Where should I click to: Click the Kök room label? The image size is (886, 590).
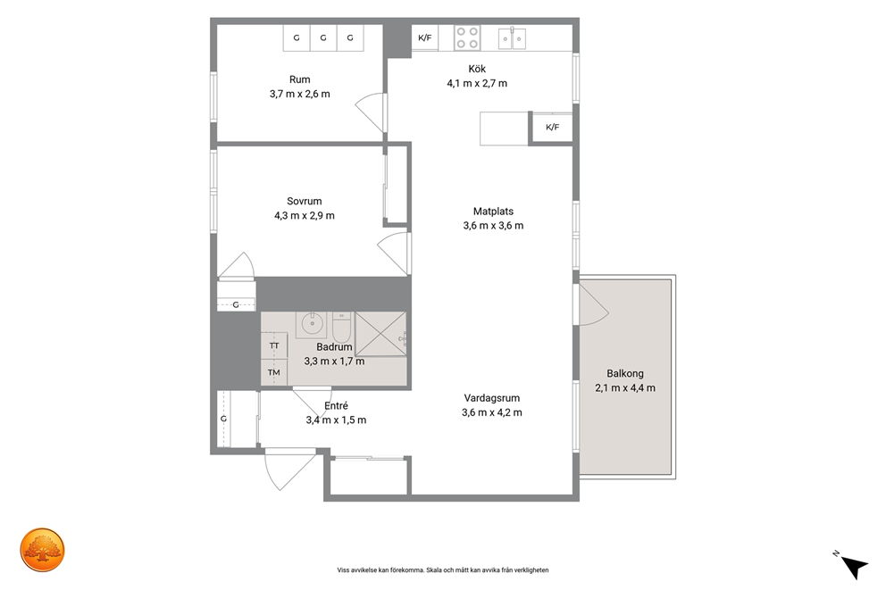pos(477,69)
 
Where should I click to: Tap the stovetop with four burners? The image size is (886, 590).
pos(467,37)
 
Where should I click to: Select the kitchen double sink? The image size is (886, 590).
pos(512,38)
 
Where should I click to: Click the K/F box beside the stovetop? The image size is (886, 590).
pos(425,37)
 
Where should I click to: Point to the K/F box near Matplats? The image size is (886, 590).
pos(552,128)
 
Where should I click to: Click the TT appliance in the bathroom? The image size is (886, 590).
pos(274,345)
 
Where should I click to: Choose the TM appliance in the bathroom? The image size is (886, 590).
pos(274,372)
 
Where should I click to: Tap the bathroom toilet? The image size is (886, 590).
pos(342,327)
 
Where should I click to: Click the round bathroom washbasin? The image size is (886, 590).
pos(311,324)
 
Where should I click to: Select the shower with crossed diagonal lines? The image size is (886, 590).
pos(380,334)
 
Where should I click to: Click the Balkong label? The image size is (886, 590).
pos(625,374)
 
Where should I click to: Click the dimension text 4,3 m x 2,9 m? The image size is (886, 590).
pos(305,216)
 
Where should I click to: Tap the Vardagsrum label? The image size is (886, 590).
pos(491,398)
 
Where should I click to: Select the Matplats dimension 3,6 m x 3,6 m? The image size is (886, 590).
pos(493,226)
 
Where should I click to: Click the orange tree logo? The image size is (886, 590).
pos(42,550)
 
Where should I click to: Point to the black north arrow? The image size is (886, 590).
pos(854,566)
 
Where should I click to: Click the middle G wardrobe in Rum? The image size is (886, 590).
pos(323,38)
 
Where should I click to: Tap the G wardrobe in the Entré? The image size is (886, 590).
pos(224,419)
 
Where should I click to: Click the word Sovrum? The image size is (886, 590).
pos(304,202)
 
